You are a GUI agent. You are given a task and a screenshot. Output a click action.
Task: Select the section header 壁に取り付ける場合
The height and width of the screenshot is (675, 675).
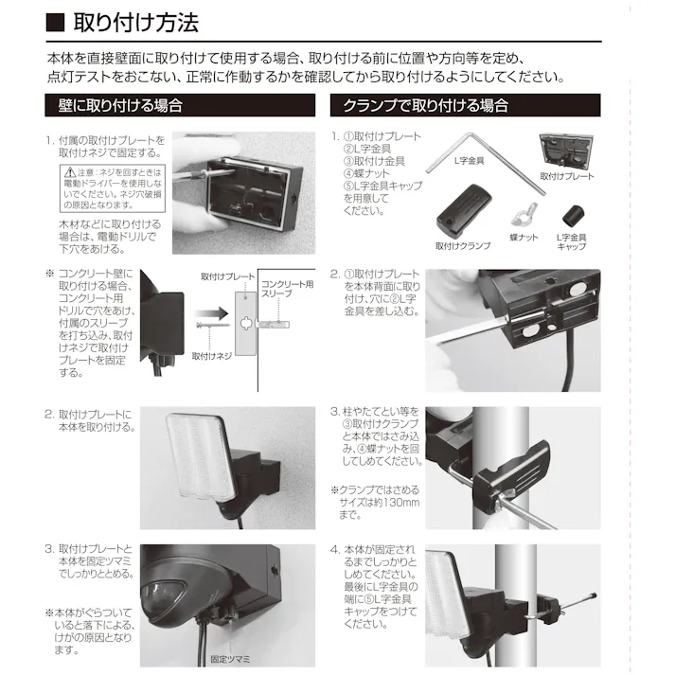point(115,105)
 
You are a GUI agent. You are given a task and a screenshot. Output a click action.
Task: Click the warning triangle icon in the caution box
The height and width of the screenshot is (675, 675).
point(69,173)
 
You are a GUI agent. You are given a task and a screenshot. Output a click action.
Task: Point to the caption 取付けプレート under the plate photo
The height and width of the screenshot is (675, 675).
point(566,177)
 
